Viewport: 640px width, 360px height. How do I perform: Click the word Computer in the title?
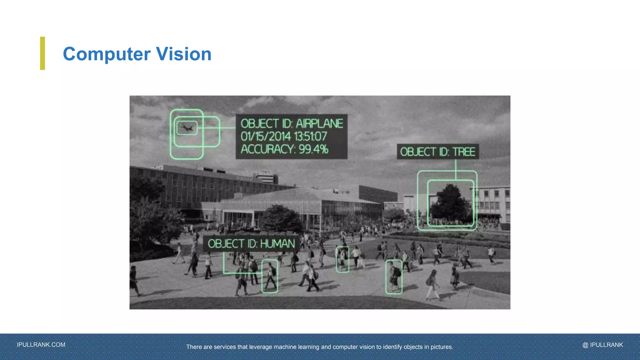(106, 54)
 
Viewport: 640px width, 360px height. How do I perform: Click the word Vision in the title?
(184, 54)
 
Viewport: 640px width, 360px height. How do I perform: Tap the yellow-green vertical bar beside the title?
(42, 53)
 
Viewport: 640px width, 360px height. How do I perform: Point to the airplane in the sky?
(187, 128)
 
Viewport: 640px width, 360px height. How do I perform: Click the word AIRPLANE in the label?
(319, 124)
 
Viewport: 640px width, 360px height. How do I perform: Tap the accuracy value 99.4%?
(313, 149)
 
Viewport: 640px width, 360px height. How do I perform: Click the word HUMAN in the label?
(277, 244)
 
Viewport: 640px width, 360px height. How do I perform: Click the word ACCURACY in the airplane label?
(267, 149)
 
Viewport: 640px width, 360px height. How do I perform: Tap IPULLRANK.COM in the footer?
(41, 345)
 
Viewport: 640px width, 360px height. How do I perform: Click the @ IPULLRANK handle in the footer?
(602, 345)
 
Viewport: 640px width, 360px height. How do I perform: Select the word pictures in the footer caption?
(441, 347)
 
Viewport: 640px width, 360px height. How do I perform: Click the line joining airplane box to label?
(227, 128)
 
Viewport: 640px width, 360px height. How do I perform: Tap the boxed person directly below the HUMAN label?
(270, 276)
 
